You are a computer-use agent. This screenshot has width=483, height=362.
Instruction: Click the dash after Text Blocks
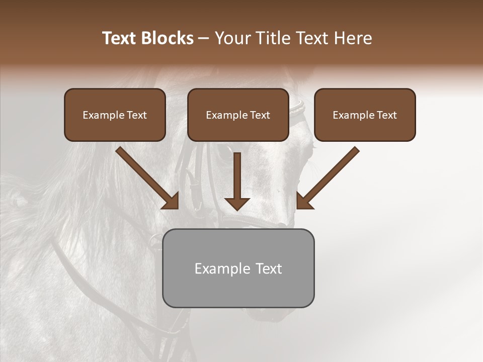(x=204, y=38)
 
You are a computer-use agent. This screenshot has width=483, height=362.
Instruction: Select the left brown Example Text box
(x=115, y=115)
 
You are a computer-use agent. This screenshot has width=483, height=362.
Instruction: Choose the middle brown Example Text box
(x=238, y=115)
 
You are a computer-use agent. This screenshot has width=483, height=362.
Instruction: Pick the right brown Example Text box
(x=365, y=115)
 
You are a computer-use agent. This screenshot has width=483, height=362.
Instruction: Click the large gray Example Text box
(x=238, y=268)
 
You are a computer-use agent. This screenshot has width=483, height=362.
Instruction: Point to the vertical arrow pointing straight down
(x=237, y=181)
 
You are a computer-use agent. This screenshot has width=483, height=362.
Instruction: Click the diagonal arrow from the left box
(x=147, y=177)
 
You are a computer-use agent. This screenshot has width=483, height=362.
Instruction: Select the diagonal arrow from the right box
(x=328, y=177)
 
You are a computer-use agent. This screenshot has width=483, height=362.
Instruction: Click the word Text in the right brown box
(x=386, y=115)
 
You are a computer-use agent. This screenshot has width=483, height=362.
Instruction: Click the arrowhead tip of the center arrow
(x=237, y=209)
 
